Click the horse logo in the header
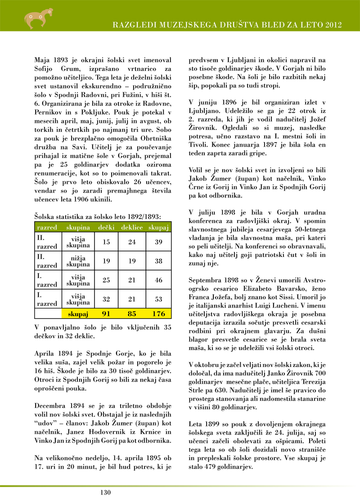point(34,17)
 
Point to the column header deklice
point(132,228)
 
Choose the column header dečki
point(107,228)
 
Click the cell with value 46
point(158,280)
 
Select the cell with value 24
point(132,242)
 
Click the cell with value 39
point(158,242)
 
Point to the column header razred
point(46,228)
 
